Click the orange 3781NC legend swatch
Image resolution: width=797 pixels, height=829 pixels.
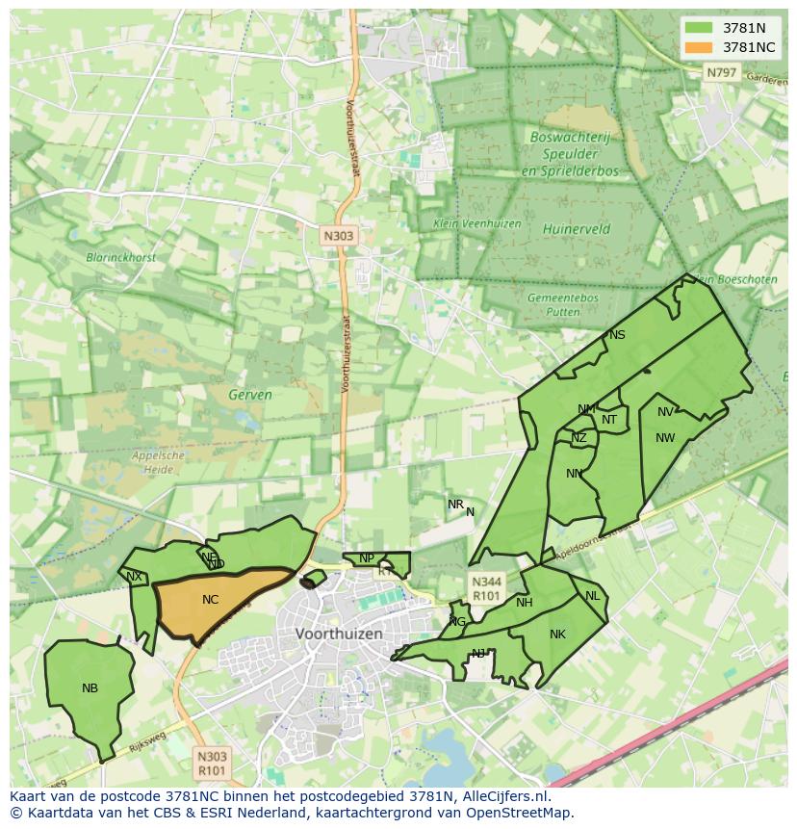point(700,47)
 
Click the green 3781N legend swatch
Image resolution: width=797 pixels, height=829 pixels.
point(700,28)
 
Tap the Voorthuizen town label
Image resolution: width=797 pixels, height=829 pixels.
point(339,634)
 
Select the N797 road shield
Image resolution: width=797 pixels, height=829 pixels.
point(721,72)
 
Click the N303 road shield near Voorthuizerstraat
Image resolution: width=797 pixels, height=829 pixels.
point(338,234)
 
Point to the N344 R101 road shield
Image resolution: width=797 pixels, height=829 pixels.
point(485,588)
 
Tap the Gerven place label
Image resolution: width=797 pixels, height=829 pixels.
point(250,395)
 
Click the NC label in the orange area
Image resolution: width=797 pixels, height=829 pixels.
point(210,600)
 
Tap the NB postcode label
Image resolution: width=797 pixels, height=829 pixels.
point(90,687)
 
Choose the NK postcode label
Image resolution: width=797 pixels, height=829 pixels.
point(557,634)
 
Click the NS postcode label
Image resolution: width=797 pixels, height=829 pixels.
point(617,335)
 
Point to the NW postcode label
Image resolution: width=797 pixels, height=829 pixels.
point(665,438)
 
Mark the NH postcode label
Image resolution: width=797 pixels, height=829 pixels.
point(524,603)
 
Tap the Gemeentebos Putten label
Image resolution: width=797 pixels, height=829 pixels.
point(563,304)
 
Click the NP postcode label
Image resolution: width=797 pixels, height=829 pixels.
point(366,558)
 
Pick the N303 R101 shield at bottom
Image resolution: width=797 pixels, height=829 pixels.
point(211,764)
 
